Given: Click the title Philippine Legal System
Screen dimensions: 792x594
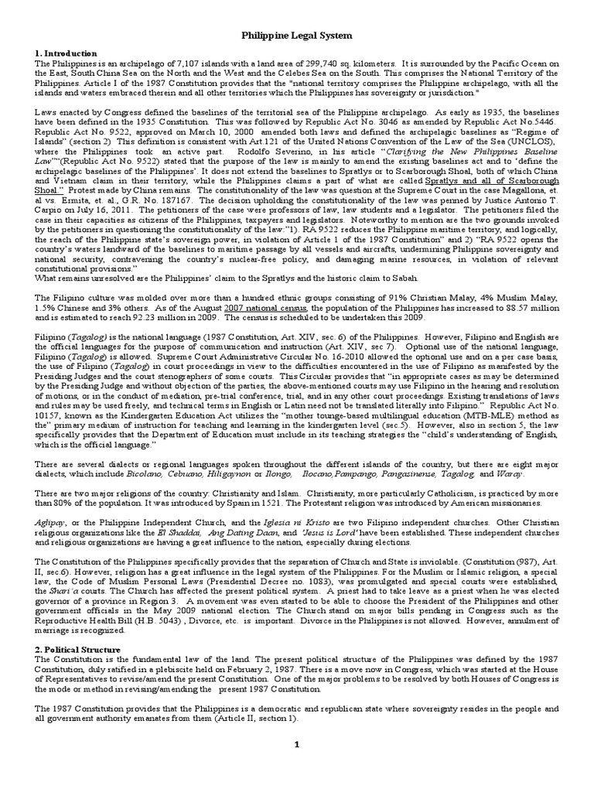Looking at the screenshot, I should (x=297, y=35).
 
